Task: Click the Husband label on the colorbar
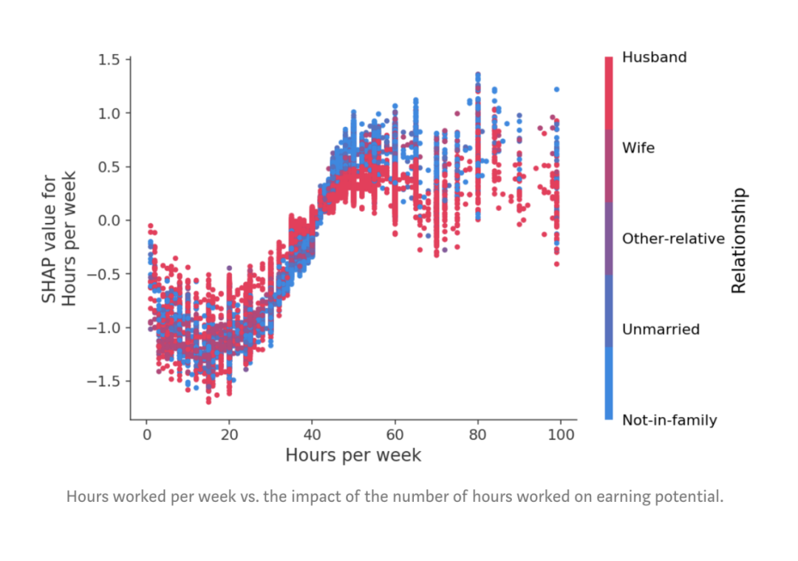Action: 654,58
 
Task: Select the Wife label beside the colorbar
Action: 638,148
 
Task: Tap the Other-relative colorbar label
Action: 673,238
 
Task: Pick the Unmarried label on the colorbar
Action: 661,329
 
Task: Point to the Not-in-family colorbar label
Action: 669,420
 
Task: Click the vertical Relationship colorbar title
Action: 739,241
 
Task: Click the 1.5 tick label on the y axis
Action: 109,60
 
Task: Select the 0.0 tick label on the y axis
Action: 109,220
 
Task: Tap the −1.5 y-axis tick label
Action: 104,381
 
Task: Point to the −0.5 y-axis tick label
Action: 104,274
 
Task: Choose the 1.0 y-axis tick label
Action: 109,113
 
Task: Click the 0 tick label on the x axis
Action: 146,435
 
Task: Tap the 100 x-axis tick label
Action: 561,435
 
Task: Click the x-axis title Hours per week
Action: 353,455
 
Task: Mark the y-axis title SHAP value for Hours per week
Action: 58,241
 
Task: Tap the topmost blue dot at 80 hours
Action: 477,75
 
